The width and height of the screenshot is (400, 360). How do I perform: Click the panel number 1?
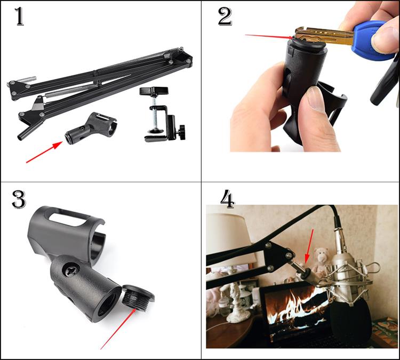coord(19,16)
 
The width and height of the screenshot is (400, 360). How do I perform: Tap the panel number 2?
coord(225,16)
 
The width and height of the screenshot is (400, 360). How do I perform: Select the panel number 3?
coord(19,199)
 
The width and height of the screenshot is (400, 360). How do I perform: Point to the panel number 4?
coord(227,199)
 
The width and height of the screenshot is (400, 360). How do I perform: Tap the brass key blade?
coord(324,36)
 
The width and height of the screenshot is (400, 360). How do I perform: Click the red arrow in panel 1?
coord(44,153)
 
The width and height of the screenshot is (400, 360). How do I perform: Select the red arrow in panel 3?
coord(118,329)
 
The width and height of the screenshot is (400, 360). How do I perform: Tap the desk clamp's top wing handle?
coord(154,91)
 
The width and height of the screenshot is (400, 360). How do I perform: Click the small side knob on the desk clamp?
coord(182,132)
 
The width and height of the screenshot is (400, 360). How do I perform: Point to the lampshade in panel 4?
coord(229,238)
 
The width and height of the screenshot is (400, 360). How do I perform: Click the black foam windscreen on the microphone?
coord(349,324)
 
